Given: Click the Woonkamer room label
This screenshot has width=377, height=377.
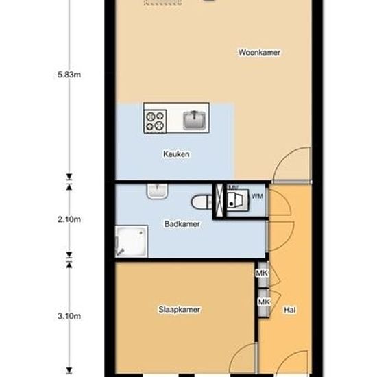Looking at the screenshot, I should (260, 53).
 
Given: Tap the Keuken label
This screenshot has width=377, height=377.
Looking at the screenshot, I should (176, 154).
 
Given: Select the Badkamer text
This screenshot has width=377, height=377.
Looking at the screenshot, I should (182, 223).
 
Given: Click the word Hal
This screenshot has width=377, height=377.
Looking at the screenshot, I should (289, 311).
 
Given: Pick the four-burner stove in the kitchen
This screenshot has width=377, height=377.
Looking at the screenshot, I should (154, 121).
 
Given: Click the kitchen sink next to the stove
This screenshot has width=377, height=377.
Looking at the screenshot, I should (195, 121).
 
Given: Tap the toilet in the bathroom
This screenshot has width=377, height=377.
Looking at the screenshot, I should (201, 202).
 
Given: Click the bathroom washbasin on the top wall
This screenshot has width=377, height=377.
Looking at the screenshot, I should (157, 192).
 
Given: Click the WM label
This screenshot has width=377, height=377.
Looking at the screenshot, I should (257, 197).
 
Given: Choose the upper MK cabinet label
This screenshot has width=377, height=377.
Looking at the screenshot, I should (262, 274).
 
